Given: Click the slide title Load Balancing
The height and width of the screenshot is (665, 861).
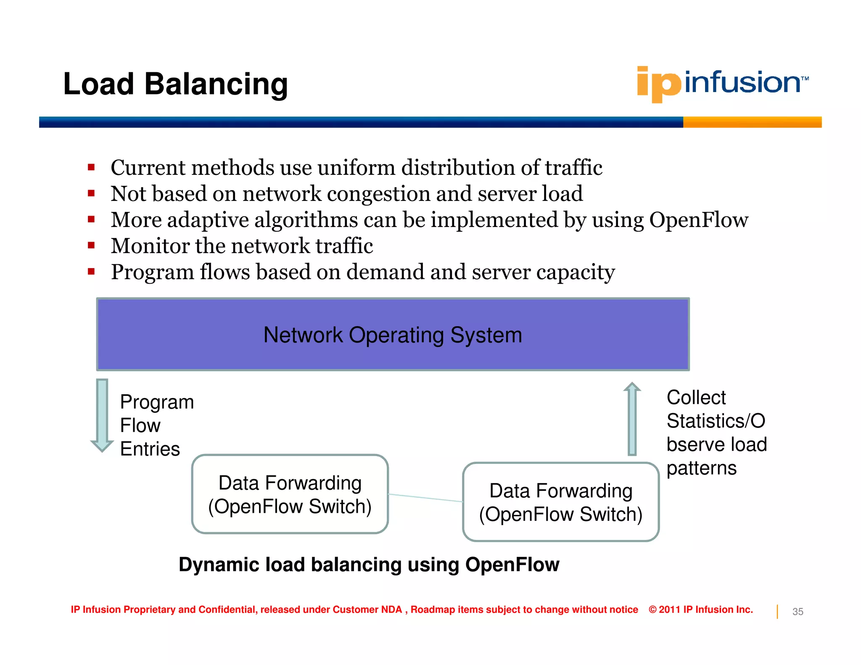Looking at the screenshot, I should pos(175,84).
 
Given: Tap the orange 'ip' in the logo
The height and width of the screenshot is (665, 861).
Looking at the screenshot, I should pos(658,84).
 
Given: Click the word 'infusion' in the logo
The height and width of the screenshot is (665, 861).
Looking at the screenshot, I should pos(742,82).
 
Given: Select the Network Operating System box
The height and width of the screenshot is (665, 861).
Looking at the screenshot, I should pos(393,335).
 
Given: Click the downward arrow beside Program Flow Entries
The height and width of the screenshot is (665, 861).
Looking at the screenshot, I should pos(102,414).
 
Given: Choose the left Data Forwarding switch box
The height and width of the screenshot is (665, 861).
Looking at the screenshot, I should pos(290,494).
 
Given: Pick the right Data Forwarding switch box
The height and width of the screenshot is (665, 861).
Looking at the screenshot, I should pos(560,502).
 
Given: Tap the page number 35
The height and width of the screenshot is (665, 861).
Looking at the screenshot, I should pos(798,612).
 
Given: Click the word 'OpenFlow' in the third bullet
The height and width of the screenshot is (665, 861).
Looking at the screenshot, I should pos(698,220).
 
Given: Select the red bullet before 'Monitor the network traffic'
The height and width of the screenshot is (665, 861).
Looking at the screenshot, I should pos(91,245).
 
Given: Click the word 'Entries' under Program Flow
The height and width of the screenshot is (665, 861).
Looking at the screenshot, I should pos(150,449).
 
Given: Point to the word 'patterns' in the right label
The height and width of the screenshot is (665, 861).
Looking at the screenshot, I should pos(701,468).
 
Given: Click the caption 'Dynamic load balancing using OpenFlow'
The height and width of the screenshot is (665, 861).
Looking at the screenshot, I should pos(369,565).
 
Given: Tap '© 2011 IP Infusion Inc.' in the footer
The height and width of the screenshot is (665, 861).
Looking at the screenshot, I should pos(700,610).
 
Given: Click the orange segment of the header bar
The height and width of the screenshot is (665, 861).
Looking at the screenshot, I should pos(752,122).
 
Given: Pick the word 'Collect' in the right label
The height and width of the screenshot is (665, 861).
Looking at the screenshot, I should pos(696,397).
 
